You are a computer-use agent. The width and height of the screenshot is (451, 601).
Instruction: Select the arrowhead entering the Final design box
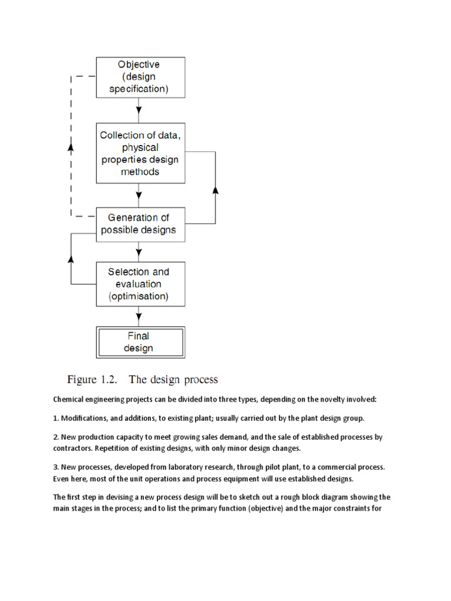click(x=139, y=322)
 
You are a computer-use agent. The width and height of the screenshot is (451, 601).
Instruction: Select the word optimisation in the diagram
click(x=138, y=296)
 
